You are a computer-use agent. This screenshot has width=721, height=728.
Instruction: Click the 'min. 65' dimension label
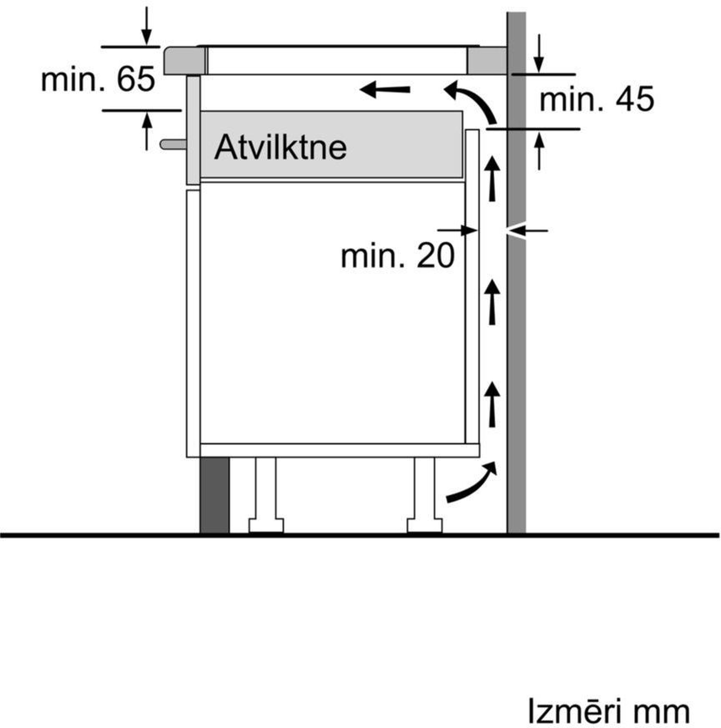point(98,79)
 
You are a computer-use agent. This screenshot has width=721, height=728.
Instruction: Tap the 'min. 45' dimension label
point(597,99)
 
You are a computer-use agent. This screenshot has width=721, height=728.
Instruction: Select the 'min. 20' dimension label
point(398,256)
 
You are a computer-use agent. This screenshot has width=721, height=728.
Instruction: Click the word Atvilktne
point(280,147)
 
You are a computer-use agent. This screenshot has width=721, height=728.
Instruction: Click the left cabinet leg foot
point(266,526)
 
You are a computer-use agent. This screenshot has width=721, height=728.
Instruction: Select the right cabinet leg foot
point(425,526)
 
